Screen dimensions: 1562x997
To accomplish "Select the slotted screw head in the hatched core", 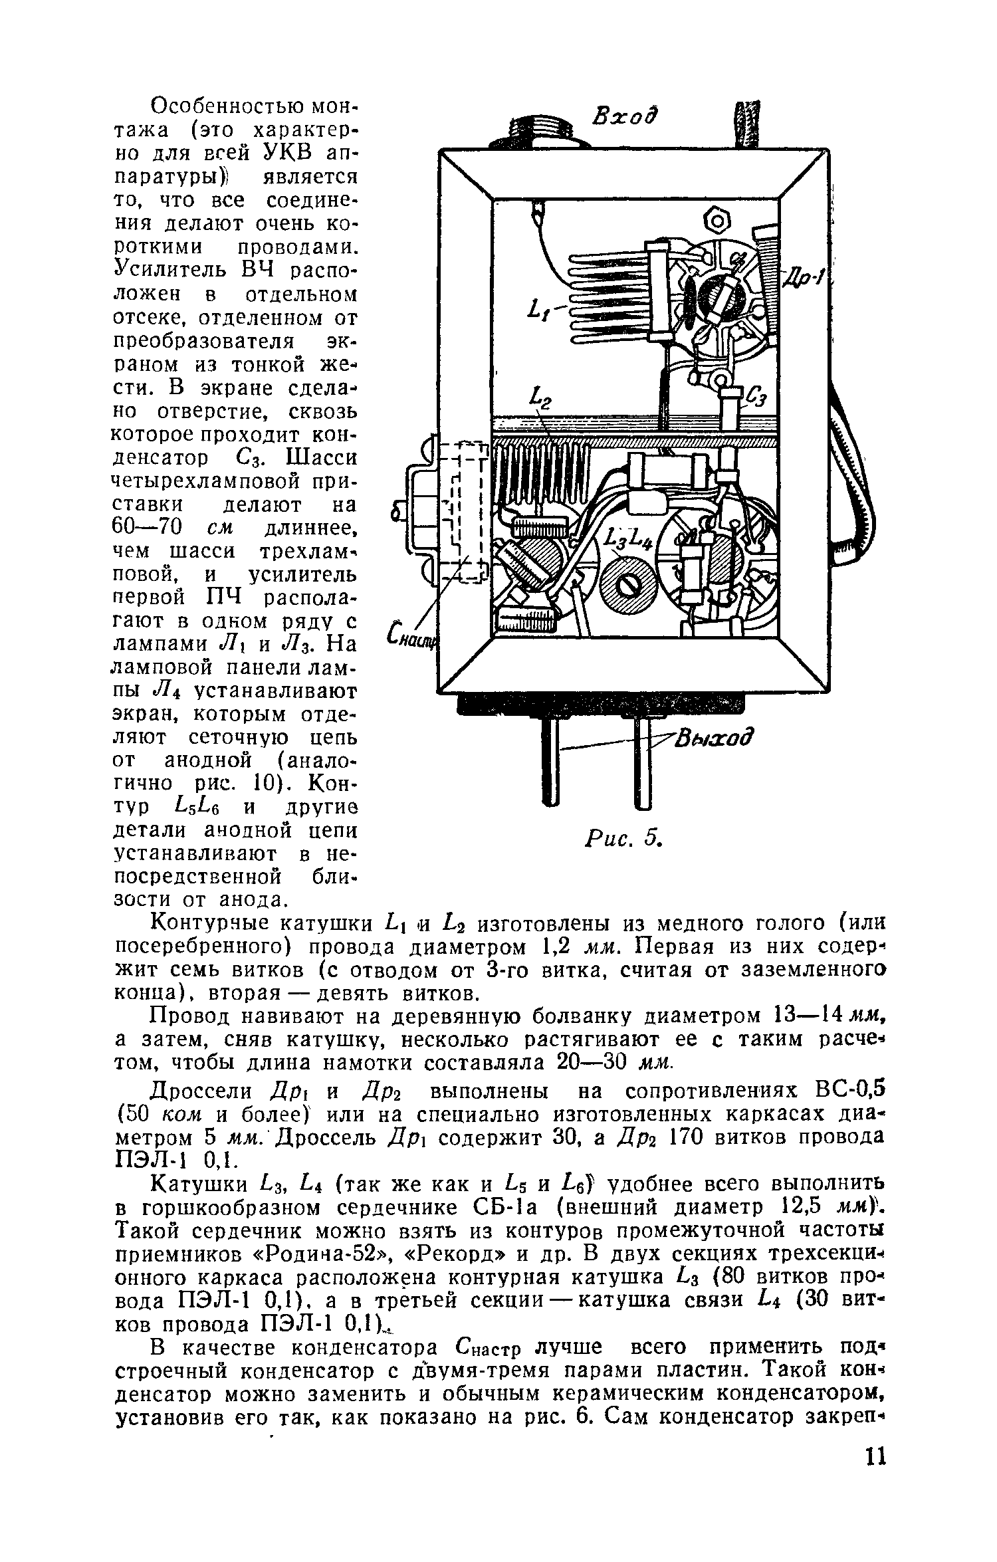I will click(x=629, y=585).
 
